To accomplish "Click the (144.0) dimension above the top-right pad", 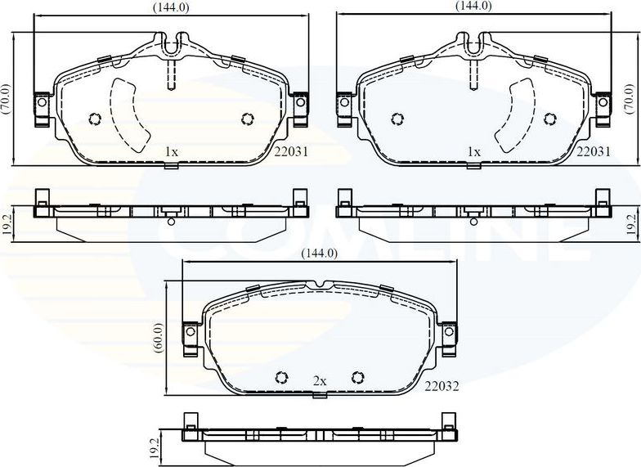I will tap(473, 6).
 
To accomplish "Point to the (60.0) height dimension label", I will tap(159, 339).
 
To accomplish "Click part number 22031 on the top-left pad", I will tap(292, 151).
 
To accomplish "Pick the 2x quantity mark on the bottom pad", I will tap(319, 381).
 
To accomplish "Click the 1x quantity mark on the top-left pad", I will tap(171, 152).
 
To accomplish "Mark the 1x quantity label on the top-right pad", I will tap(473, 152).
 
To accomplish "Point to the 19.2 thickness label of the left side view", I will tap(6, 225).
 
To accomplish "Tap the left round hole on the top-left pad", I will tap(93, 119).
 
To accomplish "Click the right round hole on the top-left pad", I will tap(247, 119).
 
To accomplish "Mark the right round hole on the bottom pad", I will tap(356, 377).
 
